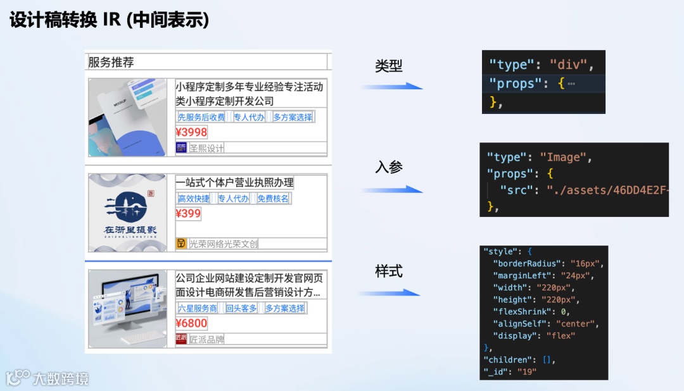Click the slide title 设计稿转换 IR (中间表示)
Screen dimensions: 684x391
109,20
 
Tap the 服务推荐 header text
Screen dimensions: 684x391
111,62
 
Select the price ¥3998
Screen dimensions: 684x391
191,132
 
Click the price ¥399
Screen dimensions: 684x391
188,213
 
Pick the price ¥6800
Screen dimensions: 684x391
191,323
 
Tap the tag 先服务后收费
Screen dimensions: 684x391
201,117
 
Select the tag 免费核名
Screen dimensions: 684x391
273,199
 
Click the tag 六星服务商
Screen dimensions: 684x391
198,308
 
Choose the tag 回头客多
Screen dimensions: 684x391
241,308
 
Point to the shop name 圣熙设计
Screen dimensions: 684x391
206,148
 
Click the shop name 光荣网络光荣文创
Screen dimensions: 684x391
223,244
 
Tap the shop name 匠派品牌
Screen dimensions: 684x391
206,339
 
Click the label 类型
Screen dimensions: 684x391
389,66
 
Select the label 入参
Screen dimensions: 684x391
389,167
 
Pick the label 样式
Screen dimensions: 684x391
389,271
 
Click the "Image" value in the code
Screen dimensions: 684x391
565,157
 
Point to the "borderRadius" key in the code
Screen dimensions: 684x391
519,263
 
